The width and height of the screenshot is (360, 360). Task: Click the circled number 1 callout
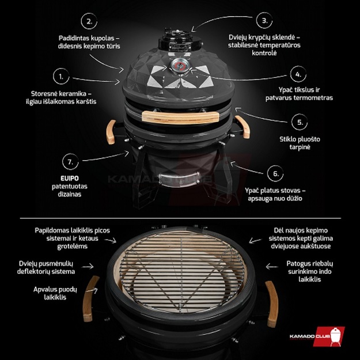(x=61, y=77)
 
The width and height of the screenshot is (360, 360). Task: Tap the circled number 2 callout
(x=89, y=21)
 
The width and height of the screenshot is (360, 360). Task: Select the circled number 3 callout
(x=264, y=20)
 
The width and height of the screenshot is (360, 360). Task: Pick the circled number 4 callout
(x=298, y=74)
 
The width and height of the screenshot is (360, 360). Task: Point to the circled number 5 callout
(x=300, y=122)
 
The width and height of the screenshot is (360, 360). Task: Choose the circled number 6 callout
(x=275, y=173)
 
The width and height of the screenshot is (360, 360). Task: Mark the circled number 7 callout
(x=70, y=162)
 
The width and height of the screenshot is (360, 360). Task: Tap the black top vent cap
(x=180, y=40)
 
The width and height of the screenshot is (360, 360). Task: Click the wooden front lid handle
(x=180, y=117)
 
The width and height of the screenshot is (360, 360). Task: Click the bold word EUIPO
(x=70, y=178)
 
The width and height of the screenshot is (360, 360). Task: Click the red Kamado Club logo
(x=317, y=336)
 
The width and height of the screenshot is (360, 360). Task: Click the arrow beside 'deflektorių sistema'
(x=88, y=267)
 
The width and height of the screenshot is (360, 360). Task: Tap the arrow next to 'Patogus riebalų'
(x=272, y=267)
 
